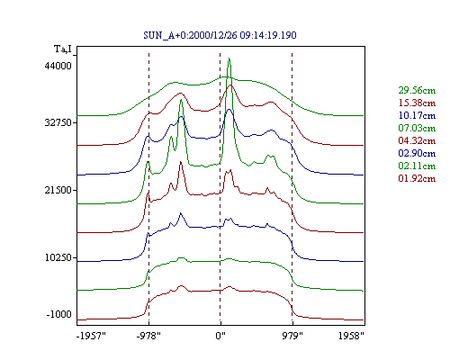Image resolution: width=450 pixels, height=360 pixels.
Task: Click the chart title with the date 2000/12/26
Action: point(220,35)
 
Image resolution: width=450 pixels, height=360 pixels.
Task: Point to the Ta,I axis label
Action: point(63,49)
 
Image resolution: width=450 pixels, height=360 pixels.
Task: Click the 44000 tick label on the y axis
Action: point(58,66)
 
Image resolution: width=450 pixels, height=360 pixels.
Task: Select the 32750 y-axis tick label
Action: point(58,122)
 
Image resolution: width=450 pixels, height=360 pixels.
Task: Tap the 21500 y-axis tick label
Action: point(58,190)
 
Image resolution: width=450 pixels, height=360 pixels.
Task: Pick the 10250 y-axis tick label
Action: point(58,257)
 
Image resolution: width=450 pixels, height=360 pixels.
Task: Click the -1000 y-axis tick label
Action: point(59,314)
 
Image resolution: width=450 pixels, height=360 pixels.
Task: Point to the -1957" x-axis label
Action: point(91,336)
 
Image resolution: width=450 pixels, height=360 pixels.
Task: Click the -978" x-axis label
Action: point(148,336)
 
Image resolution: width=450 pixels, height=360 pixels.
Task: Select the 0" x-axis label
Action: point(220,336)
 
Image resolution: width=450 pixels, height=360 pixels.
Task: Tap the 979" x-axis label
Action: point(292,336)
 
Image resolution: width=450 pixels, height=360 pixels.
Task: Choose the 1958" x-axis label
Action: point(351,336)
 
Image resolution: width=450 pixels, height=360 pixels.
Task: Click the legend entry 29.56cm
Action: point(417,90)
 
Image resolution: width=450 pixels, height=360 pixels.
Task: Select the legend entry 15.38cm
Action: point(417,103)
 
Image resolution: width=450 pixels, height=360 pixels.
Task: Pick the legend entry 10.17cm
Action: point(417,115)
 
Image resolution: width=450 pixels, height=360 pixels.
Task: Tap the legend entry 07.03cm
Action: point(417,128)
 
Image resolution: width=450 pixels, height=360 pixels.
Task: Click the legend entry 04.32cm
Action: point(417,140)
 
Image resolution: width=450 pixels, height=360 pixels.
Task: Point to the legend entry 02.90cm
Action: point(417,153)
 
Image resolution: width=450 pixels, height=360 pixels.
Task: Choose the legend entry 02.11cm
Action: point(417,166)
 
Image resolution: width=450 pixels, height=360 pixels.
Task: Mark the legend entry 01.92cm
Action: point(417,178)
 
